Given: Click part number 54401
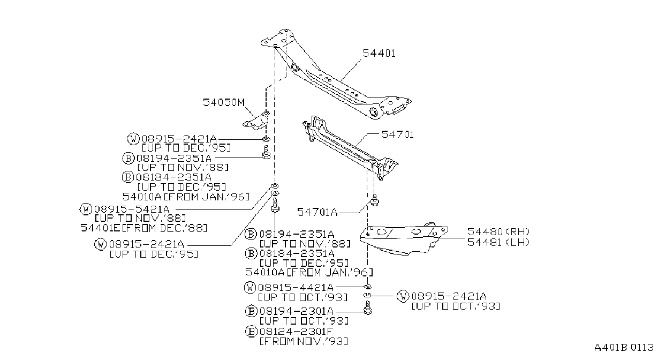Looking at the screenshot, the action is pyautogui.click(x=379, y=53).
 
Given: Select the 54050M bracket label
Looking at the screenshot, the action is pyautogui.click(x=224, y=102).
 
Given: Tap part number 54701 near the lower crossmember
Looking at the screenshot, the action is pyautogui.click(x=398, y=134).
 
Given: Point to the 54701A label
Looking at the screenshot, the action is pyautogui.click(x=317, y=212).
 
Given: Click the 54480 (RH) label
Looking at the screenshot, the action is pyautogui.click(x=498, y=232).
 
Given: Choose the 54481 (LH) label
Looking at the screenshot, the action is pyautogui.click(x=498, y=242).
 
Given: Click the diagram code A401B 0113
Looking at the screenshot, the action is pyautogui.click(x=624, y=348).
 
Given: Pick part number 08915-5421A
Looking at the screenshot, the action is pyautogui.click(x=132, y=209).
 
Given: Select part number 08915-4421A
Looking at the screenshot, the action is pyautogui.click(x=296, y=287).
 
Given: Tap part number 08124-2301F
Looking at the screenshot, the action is pyautogui.click(x=296, y=332).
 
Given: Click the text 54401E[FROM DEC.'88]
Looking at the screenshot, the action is pyautogui.click(x=144, y=228).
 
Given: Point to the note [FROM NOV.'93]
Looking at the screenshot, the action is pyautogui.click(x=304, y=341).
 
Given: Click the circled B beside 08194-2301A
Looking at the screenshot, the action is pyautogui.click(x=251, y=311).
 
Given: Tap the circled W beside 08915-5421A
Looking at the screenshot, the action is pyautogui.click(x=86, y=209).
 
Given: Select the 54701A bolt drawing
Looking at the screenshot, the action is pyautogui.click(x=375, y=200).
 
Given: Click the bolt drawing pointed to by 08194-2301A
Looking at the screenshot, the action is pyautogui.click(x=367, y=308).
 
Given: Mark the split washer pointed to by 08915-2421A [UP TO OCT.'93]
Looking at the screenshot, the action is pyautogui.click(x=367, y=295).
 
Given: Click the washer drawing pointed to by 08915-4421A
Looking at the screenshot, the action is pyautogui.click(x=367, y=287).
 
